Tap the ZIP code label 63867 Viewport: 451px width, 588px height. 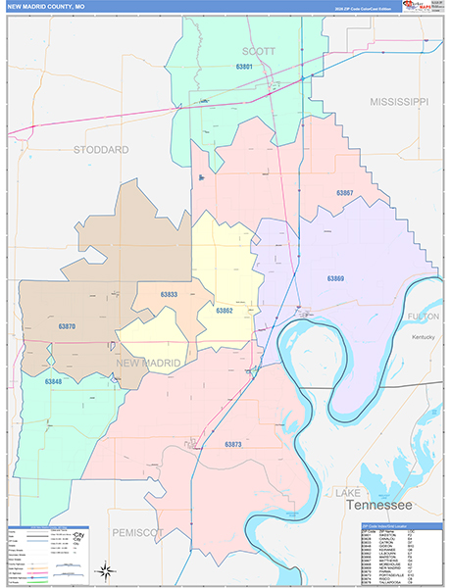coord(344,193)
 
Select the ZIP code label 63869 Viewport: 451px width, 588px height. coord(336,278)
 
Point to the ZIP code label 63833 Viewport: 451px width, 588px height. coord(169,294)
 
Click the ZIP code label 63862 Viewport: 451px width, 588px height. coord(224,311)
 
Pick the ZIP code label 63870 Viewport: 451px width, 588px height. coord(67,325)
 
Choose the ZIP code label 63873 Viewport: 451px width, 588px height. coord(232,444)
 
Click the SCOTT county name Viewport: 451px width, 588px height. coord(259,50)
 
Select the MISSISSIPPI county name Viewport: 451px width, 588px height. coord(399,102)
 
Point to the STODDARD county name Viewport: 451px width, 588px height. coord(101,150)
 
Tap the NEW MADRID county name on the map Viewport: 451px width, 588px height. coord(148,364)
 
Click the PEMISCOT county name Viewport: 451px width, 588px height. coord(136,531)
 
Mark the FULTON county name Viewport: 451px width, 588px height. coord(425,317)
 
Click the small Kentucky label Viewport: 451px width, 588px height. coord(423,337)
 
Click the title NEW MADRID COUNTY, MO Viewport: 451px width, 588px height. coord(49,7)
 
